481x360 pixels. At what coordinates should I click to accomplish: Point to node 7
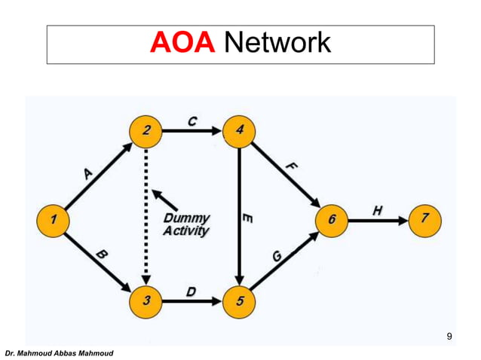426,219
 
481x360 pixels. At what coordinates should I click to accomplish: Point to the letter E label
248,219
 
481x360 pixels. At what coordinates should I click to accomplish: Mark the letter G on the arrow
277,257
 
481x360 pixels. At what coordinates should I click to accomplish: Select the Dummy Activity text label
185,224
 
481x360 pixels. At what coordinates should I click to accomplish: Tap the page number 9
449,336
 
